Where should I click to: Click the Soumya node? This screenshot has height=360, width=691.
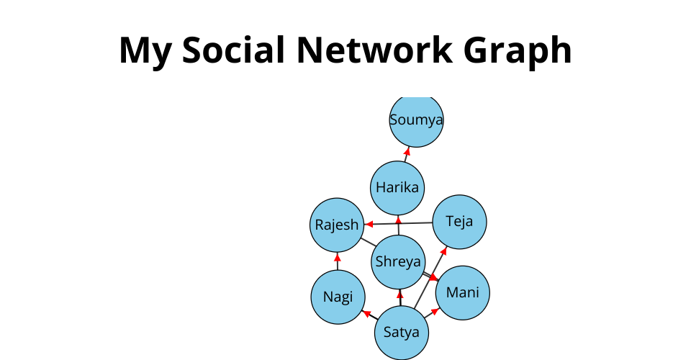click(416, 120)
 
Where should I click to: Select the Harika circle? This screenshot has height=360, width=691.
click(397, 188)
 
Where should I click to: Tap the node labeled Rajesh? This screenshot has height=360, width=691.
click(336, 225)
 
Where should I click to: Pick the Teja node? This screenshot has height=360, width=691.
click(460, 221)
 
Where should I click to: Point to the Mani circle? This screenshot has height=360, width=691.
click(463, 292)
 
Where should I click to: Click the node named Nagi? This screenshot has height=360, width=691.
click(338, 297)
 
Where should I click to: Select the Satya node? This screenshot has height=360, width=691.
click(402, 333)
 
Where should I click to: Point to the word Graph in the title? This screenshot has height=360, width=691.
click(527, 50)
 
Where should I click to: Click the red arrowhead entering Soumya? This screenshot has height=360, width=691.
click(407, 151)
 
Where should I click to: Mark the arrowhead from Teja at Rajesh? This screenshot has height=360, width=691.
click(367, 225)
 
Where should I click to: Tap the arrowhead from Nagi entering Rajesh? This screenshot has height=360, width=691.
click(337, 256)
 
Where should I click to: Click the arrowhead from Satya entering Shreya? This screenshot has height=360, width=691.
click(400, 293)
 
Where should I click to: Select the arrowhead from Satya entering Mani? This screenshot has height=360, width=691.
click(435, 311)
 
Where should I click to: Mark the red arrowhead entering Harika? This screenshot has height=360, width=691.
click(398, 220)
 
